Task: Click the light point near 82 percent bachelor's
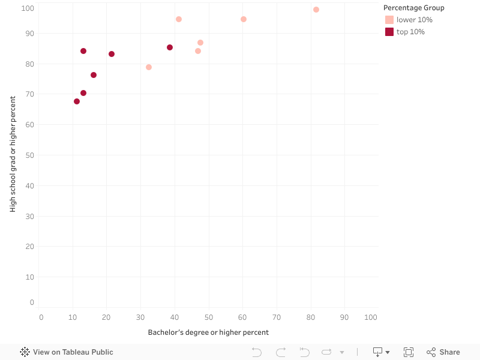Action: click(316, 10)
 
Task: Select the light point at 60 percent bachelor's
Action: click(244, 19)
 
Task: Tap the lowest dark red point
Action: click(77, 101)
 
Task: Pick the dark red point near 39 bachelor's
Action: click(170, 47)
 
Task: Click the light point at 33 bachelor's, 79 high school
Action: click(149, 67)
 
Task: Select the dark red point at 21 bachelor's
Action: click(112, 54)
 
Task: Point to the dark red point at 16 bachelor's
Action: click(94, 75)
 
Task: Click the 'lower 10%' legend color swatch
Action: click(389, 20)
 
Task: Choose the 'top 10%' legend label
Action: click(410, 32)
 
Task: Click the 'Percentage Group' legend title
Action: click(414, 8)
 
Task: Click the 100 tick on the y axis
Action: click(27, 8)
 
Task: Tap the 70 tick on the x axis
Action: click(277, 317)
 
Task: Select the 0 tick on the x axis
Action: click(41, 317)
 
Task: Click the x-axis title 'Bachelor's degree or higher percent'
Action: click(208, 332)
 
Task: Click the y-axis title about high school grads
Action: click(13, 154)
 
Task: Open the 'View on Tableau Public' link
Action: click(67, 352)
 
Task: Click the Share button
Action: click(443, 352)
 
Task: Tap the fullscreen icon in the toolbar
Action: click(409, 352)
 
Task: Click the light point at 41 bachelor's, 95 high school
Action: click(179, 19)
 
